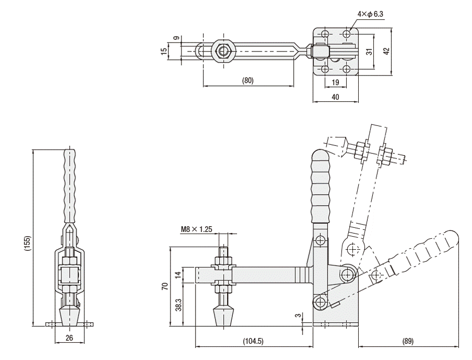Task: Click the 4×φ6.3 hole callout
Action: (370, 14)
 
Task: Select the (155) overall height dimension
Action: (27, 243)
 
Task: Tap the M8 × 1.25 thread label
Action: (196, 229)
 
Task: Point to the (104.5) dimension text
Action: (253, 341)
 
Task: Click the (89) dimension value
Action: (408, 341)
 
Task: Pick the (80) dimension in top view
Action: (248, 80)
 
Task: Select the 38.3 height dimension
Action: (179, 305)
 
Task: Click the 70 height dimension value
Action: (165, 286)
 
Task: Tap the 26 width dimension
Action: (69, 338)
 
